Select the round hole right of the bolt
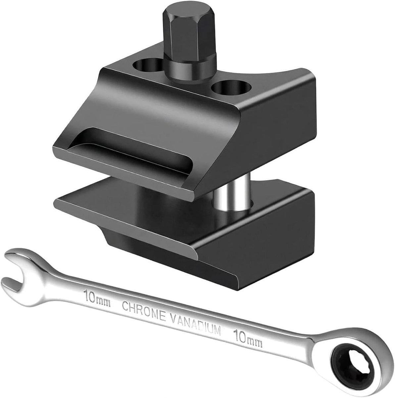(x=232, y=89)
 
